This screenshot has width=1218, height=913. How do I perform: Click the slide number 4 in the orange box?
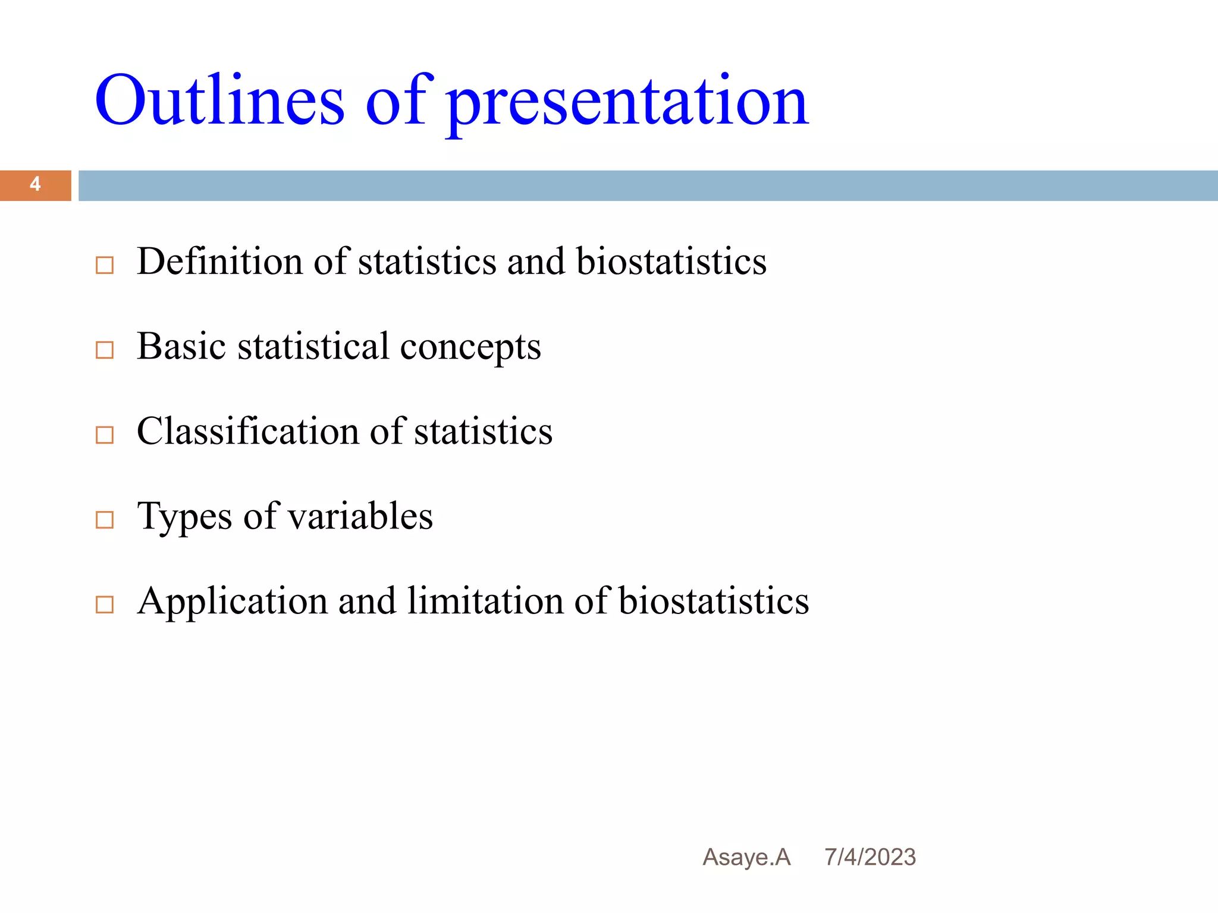click(35, 185)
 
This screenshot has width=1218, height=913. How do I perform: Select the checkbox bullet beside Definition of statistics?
click(105, 265)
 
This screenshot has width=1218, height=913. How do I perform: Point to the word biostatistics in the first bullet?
click(671, 262)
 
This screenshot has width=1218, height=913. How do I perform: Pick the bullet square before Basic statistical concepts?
click(105, 350)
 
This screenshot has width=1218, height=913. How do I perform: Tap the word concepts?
click(470, 348)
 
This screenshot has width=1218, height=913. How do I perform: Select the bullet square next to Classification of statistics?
click(105, 435)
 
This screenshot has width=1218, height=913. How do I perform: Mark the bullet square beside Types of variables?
click(105, 520)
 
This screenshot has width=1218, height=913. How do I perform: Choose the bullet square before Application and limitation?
click(105, 605)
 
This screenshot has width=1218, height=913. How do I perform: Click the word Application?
click(232, 602)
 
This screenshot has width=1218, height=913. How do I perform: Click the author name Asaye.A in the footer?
click(746, 858)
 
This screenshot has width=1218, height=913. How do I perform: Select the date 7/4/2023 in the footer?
click(869, 858)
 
